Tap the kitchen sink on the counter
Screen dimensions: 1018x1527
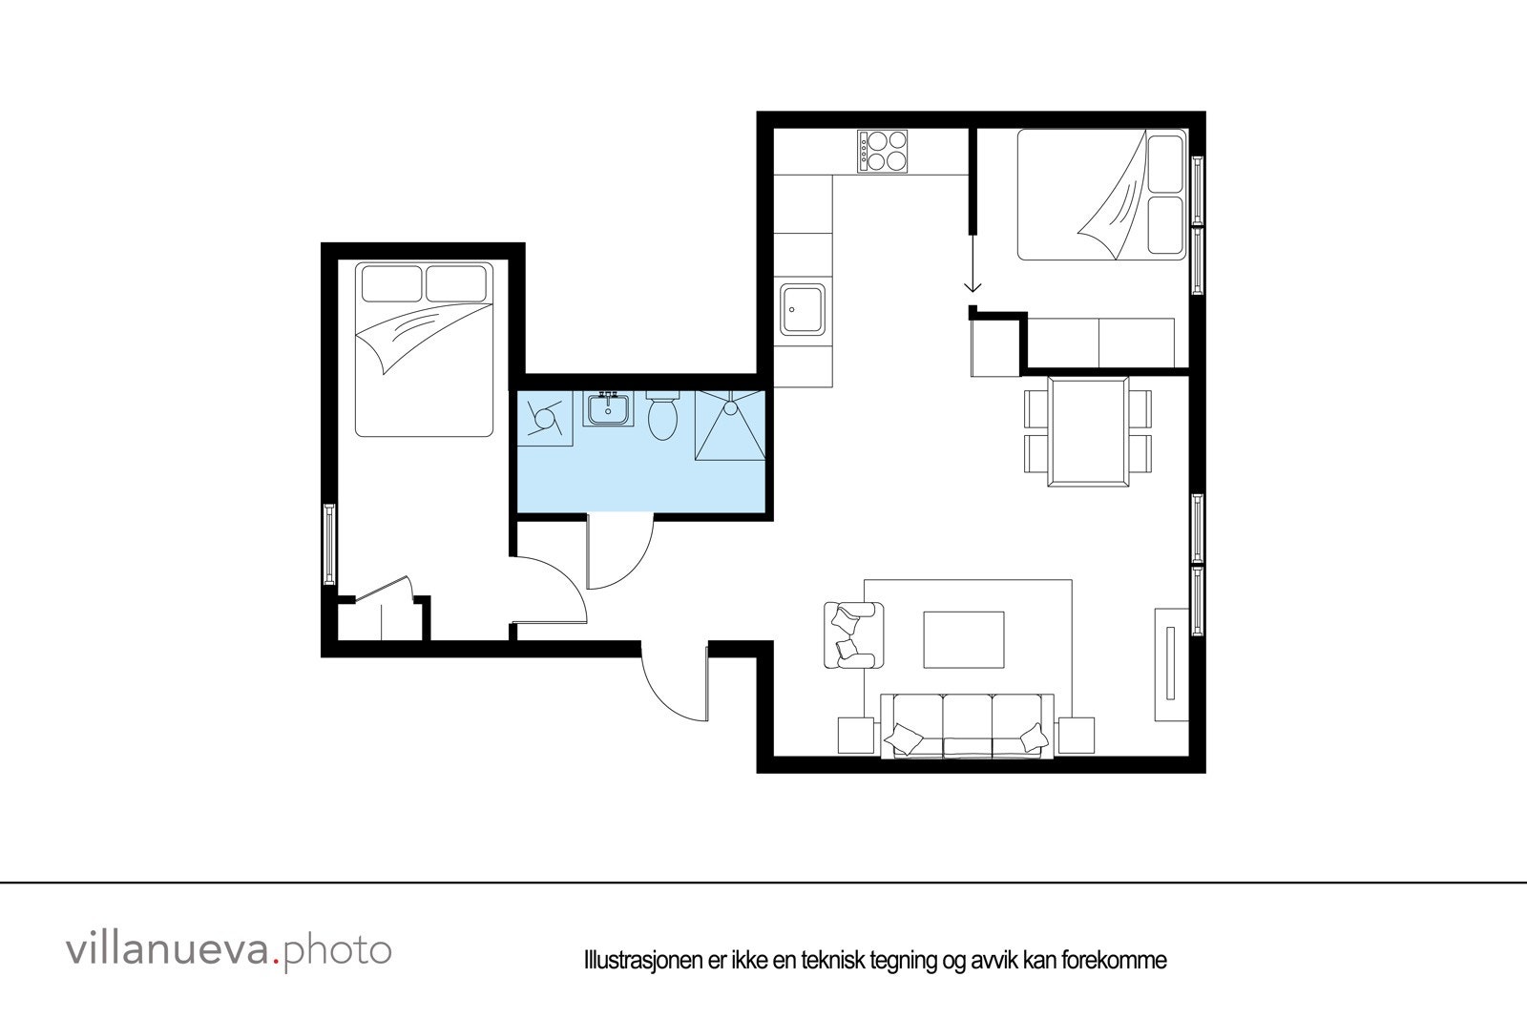803,310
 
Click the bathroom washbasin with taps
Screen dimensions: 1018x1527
607,410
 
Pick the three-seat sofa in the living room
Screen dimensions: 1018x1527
967,727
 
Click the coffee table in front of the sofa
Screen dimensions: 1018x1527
964,639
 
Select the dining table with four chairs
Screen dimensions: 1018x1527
1088,432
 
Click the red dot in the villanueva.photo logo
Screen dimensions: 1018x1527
278,962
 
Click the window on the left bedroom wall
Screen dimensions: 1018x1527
329,545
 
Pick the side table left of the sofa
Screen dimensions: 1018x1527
857,735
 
